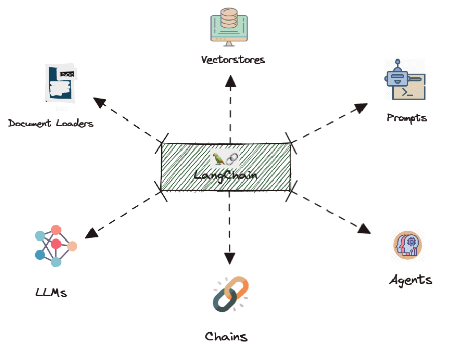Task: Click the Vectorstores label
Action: click(x=233, y=59)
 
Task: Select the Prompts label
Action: click(x=406, y=118)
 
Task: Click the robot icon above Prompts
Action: click(x=404, y=81)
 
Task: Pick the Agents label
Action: click(x=410, y=280)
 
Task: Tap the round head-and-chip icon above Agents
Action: click(x=408, y=245)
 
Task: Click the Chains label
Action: click(x=226, y=336)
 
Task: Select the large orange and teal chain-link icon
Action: click(x=230, y=294)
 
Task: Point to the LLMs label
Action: click(x=51, y=292)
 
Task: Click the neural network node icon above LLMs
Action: click(x=55, y=245)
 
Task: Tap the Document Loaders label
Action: click(x=51, y=123)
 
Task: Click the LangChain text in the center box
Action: click(x=225, y=175)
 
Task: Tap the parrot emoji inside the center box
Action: click(x=219, y=159)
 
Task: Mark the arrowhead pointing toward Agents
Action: click(x=364, y=228)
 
